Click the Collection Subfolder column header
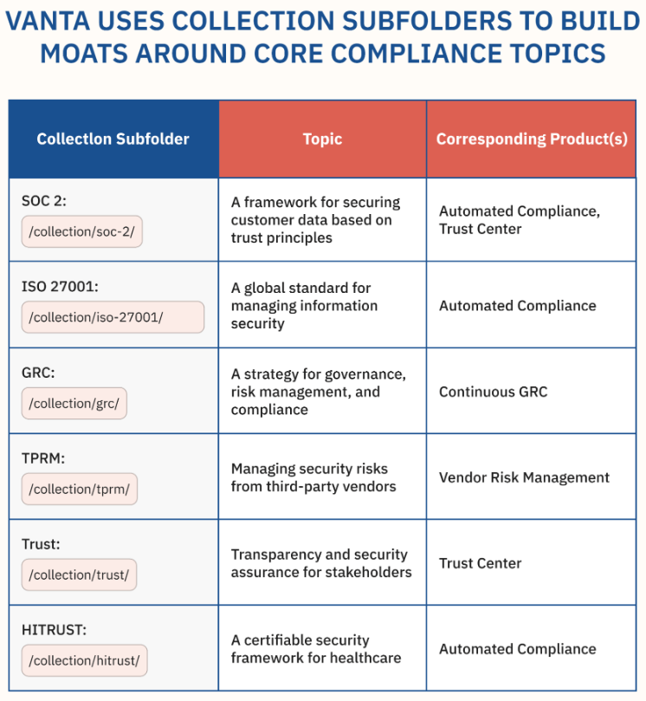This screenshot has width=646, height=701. (113, 139)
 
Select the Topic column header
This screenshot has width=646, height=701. (322, 139)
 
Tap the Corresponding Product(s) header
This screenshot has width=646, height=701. (532, 139)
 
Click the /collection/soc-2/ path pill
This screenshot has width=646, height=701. (81, 231)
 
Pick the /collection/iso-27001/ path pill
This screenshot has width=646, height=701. (113, 317)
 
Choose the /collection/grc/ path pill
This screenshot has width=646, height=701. (74, 403)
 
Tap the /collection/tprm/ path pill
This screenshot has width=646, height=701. (80, 489)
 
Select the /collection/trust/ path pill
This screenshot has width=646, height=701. (79, 575)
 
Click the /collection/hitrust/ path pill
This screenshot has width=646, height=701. (85, 661)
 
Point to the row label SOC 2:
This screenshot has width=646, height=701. (44, 201)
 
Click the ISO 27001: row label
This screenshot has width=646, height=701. (60, 287)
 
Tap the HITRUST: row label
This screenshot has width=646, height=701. (54, 630)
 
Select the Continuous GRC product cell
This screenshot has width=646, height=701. (494, 392)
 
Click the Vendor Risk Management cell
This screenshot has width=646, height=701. (524, 477)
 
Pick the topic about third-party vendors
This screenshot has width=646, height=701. (313, 477)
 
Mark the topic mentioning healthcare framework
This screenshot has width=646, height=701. (316, 649)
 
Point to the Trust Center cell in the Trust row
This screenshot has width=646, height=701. (481, 563)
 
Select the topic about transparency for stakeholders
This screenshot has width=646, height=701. (321, 563)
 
